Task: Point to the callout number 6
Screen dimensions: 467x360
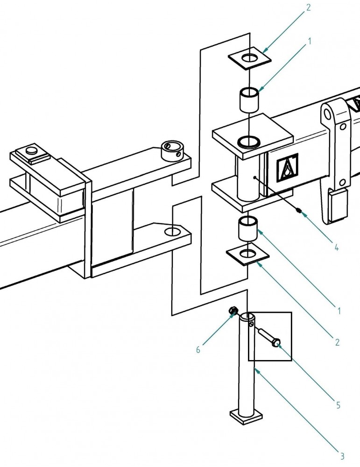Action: tap(198, 349)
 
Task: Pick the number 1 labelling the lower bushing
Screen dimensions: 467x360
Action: tap(339, 310)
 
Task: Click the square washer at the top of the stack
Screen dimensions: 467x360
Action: tap(250, 59)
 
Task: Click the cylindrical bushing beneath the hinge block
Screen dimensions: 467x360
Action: tap(248, 228)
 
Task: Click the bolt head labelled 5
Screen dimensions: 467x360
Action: tap(276, 344)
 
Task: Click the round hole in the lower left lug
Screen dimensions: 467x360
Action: tap(173, 231)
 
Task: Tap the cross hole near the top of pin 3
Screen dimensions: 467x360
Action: tap(252, 323)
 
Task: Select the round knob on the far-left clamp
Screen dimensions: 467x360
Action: tap(31, 150)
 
